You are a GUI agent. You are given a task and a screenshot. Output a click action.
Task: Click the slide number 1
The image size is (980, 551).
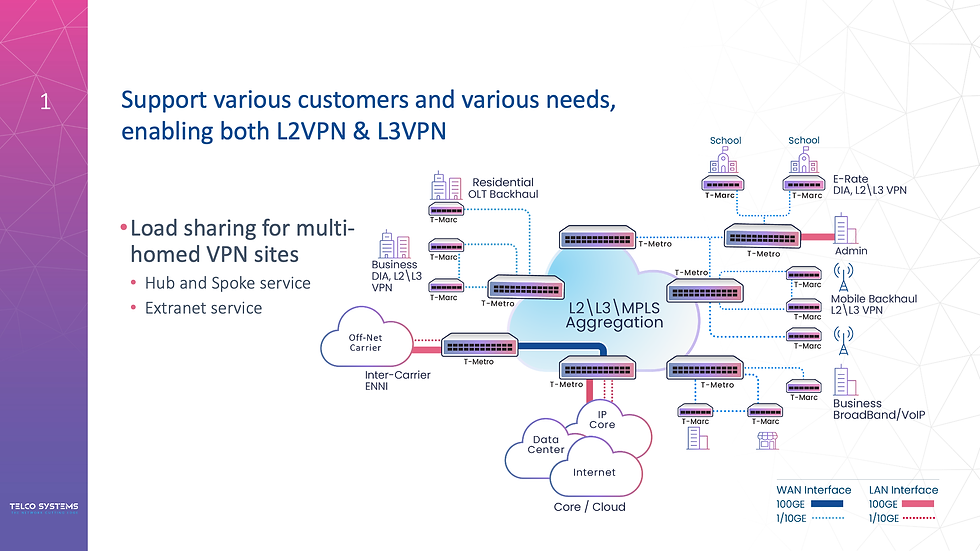click(44, 99)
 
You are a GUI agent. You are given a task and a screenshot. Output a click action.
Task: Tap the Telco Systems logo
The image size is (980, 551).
click(44, 506)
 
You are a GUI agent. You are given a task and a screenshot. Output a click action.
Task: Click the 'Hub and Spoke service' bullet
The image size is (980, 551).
click(227, 283)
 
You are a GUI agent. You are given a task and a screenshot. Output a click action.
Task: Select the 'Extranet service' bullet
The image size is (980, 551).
click(203, 308)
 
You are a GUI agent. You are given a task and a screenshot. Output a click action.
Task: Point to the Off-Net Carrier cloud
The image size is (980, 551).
click(365, 343)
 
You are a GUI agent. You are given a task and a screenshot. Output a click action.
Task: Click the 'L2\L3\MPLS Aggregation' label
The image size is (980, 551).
click(614, 315)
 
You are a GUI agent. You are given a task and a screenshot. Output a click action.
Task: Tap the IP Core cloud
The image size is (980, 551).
click(602, 419)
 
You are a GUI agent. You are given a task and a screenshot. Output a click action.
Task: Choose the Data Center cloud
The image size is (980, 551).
click(545, 445)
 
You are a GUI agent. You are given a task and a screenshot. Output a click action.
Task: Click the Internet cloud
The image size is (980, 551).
click(594, 472)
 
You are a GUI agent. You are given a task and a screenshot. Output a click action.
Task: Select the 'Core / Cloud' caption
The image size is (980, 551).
click(589, 507)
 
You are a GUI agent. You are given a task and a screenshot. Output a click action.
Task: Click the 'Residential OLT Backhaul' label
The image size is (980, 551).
click(505, 188)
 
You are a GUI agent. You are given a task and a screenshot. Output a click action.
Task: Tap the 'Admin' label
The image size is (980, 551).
click(850, 252)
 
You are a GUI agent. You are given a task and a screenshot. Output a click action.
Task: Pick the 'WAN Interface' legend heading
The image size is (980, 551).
click(814, 490)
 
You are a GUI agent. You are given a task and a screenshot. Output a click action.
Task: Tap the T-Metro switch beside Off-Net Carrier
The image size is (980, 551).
click(478, 346)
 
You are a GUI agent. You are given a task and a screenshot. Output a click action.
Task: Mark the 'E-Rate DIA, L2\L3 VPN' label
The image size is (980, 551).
click(869, 184)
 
